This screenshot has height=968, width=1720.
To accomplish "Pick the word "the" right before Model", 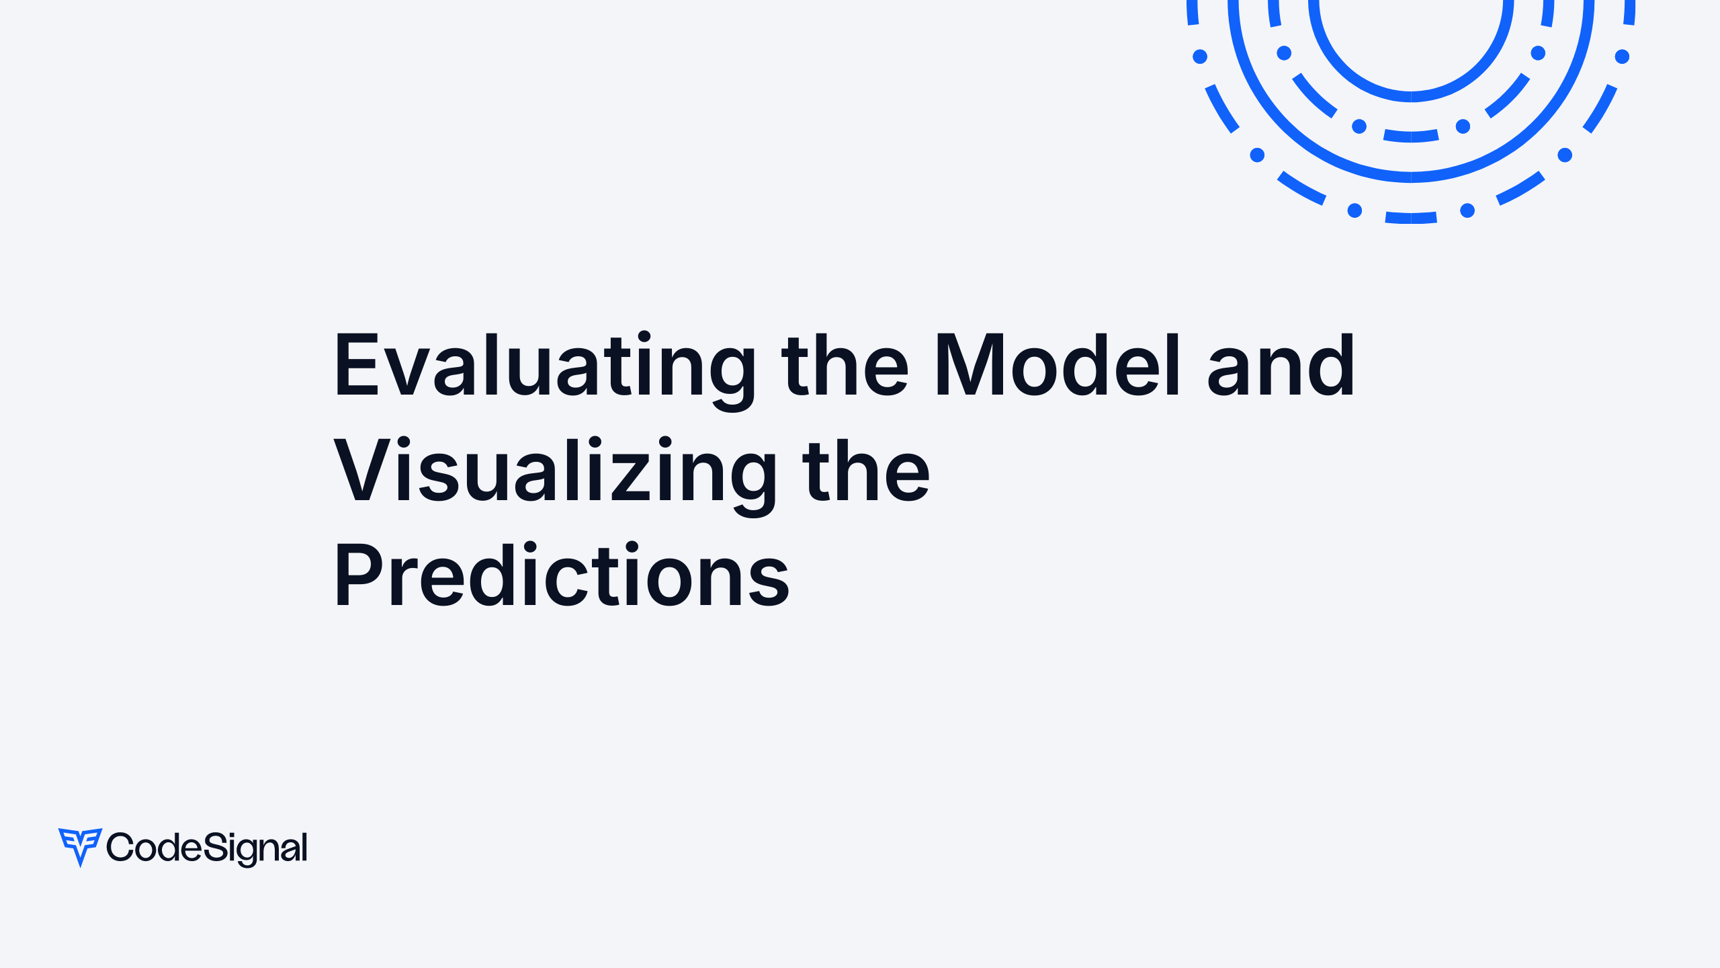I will [845, 366].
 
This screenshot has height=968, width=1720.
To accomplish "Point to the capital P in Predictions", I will [360, 575].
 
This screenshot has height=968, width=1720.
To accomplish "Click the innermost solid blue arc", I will [1411, 96].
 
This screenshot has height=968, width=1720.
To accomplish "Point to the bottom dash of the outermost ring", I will [1411, 218].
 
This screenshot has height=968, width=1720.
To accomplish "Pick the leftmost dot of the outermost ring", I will [1200, 56].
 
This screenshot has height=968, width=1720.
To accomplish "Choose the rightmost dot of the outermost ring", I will [1622, 56].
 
